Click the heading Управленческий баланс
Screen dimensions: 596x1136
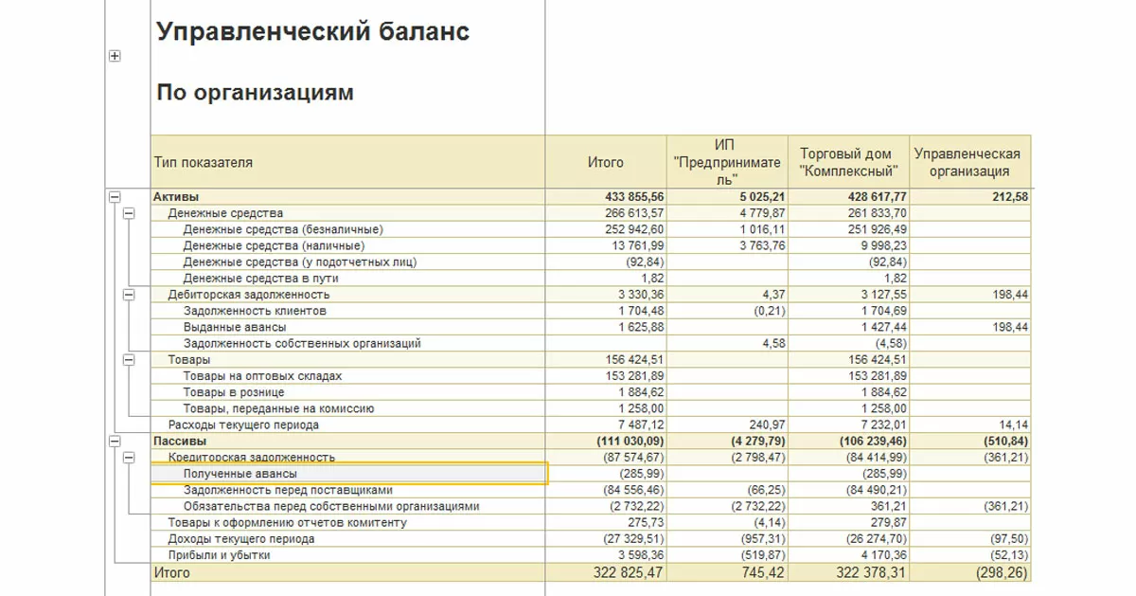coord(312,32)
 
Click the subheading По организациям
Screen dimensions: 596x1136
coord(255,93)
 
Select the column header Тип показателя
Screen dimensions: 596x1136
coord(204,162)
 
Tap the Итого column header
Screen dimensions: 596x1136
coord(606,162)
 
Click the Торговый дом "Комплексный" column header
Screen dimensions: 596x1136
coord(846,162)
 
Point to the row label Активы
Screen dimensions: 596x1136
coord(176,197)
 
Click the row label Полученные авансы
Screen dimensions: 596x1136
coord(240,474)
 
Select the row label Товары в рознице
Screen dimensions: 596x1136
coord(234,392)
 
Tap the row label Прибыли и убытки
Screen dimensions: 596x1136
coord(219,555)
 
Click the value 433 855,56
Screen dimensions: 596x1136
coord(634,197)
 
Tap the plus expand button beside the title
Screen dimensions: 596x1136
coord(115,56)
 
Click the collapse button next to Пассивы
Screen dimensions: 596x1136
coord(115,442)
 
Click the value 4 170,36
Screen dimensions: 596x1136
coord(879,555)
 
